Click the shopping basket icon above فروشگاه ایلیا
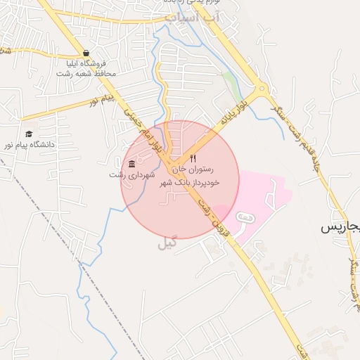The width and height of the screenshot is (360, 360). point(86,53)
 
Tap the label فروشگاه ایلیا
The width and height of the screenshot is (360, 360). point(86,63)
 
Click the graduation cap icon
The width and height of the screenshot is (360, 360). point(29,134)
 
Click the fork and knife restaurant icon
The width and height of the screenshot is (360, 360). point(193,159)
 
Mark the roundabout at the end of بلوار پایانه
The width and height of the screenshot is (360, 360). point(262,89)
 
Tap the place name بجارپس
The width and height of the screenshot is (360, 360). point(340,227)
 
